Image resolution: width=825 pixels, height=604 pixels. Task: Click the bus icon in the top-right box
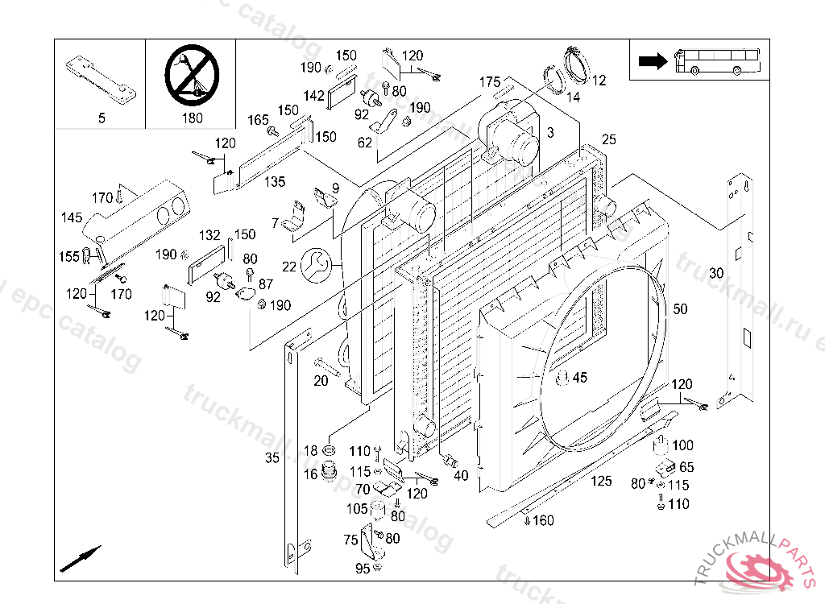click(x=716, y=60)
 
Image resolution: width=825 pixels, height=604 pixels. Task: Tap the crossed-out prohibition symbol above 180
click(x=191, y=74)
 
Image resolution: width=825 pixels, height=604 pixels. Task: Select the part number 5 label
click(x=102, y=118)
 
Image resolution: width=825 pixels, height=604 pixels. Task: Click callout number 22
click(x=289, y=266)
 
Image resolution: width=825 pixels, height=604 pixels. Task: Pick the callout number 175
click(x=490, y=82)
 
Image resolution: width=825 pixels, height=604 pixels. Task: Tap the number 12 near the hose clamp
click(x=599, y=81)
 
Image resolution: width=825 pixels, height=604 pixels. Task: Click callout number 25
click(x=608, y=140)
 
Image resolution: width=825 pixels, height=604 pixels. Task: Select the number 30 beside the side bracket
click(x=716, y=273)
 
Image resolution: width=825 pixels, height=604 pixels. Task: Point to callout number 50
click(x=681, y=309)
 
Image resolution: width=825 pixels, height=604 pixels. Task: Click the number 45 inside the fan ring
click(x=580, y=377)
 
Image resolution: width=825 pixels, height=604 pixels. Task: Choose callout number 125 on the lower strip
click(x=601, y=482)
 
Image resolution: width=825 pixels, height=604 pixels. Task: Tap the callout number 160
click(x=543, y=520)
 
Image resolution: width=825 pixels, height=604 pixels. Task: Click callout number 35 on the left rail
click(x=272, y=458)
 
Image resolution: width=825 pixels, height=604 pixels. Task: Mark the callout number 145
click(x=72, y=217)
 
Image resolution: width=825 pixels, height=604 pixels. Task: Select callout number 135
click(x=275, y=182)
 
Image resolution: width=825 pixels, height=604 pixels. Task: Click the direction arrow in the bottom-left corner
click(x=80, y=557)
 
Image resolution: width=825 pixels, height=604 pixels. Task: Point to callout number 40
click(x=461, y=476)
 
